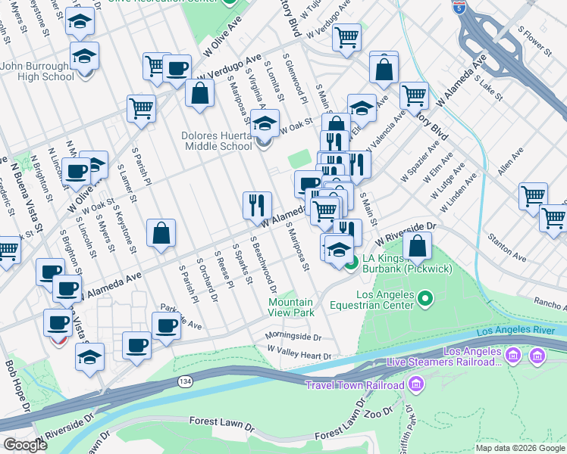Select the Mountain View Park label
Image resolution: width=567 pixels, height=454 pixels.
pos(291,307)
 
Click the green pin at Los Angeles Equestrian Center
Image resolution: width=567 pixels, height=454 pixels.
pos(424,300)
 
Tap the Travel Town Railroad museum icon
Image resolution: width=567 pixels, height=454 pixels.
pos(415,385)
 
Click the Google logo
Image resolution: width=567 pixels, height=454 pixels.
pos(25,444)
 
